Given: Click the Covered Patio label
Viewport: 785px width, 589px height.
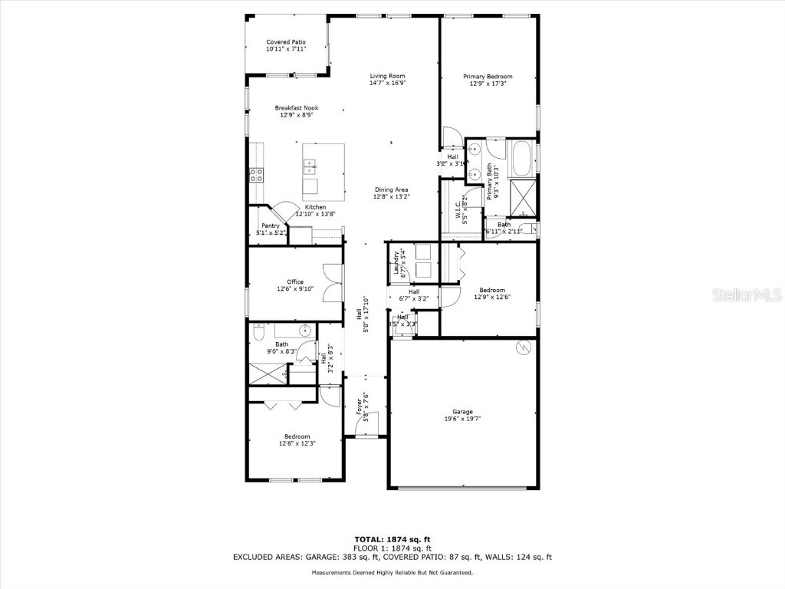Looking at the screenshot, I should pos(286,41).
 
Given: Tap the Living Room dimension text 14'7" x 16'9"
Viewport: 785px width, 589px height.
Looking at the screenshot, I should pos(387,83).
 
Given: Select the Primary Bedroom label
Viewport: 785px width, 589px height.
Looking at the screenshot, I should pos(488,76).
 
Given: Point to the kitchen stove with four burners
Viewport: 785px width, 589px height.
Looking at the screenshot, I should pos(256,175).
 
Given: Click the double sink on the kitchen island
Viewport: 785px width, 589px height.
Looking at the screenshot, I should pos(310,163).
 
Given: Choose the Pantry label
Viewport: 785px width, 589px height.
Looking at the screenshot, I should pos(270,225).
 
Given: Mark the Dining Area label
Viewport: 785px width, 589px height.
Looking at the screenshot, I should pos(391,189).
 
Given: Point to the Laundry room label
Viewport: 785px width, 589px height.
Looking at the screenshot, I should pos(396,264).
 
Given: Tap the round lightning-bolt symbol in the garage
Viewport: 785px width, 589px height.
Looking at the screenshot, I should pos(524,347).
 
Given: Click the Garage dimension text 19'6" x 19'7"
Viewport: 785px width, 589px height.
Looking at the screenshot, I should pos(462,419).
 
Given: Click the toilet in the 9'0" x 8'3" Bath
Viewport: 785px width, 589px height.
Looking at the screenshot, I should pos(258,333).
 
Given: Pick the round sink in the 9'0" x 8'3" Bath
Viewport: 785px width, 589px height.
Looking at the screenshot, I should pos(305,331).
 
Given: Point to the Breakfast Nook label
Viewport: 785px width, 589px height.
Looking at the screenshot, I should pos(296,108).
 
